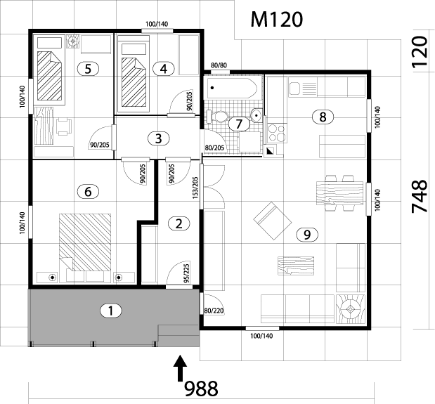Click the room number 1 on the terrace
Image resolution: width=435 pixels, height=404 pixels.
(x=109, y=309)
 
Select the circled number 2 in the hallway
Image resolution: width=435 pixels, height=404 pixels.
(x=179, y=224)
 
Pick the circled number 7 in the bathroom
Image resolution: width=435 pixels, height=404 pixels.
(x=240, y=124)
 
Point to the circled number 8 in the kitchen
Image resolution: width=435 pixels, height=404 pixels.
(x=323, y=117)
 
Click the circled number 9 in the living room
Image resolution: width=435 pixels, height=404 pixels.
(x=304, y=235)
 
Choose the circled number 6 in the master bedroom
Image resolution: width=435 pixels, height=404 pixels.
(x=88, y=190)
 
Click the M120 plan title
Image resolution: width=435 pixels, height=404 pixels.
(x=277, y=19)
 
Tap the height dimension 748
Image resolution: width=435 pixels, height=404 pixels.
(x=419, y=197)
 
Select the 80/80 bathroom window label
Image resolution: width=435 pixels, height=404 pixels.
(x=219, y=66)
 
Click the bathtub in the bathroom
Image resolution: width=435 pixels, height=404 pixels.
(x=232, y=89)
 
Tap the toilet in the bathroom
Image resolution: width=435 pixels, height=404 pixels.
(x=218, y=117)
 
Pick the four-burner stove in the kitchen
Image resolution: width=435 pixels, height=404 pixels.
(x=275, y=133)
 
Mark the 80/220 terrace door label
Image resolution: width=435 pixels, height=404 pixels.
(x=213, y=310)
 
